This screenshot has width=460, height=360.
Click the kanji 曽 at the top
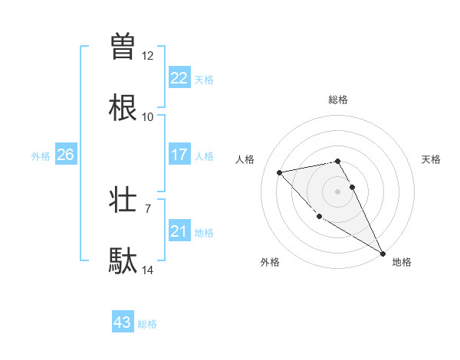[x=123, y=47]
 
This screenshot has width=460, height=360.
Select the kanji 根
[x=123, y=108]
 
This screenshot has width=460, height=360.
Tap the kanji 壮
[x=123, y=200]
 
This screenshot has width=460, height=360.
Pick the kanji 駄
[x=123, y=261]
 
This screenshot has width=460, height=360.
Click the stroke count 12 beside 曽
[x=147, y=56]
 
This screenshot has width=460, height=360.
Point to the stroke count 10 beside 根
[x=147, y=117]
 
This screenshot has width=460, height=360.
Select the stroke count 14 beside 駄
[x=147, y=270]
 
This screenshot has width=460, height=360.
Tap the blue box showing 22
[x=179, y=78]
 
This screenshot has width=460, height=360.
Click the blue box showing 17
[x=179, y=155]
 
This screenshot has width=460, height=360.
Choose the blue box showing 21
[x=179, y=231]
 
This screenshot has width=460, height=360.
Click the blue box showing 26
[x=65, y=155]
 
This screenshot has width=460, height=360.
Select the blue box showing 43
[x=123, y=323]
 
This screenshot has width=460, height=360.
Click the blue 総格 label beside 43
[x=147, y=324]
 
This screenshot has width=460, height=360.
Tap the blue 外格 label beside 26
[x=41, y=156]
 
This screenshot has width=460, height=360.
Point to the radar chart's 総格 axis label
[x=338, y=100]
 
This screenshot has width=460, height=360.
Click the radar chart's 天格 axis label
[x=432, y=159]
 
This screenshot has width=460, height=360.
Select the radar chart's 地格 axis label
[x=402, y=263]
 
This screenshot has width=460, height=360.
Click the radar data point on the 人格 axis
[x=280, y=172]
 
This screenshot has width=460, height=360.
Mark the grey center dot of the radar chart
[x=338, y=191]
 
